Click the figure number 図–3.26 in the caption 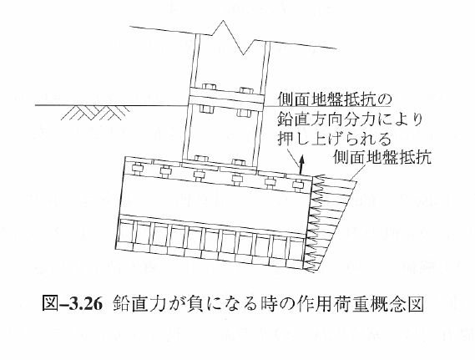pos(72,303)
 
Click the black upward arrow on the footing pos(301,165)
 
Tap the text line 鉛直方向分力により pos(350,120)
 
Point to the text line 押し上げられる pos(334,139)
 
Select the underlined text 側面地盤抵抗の pos(335,100)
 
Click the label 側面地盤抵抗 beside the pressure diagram pos(382,157)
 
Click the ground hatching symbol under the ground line pos(95,113)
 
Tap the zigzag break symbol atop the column pos(233,38)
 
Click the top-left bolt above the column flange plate pos(209,86)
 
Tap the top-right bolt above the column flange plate pos(246,90)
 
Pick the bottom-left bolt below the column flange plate pos(206,109)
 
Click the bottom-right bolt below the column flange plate pos(244,113)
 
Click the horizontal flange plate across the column pos(226,99)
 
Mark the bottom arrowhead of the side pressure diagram pos(308,269)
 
